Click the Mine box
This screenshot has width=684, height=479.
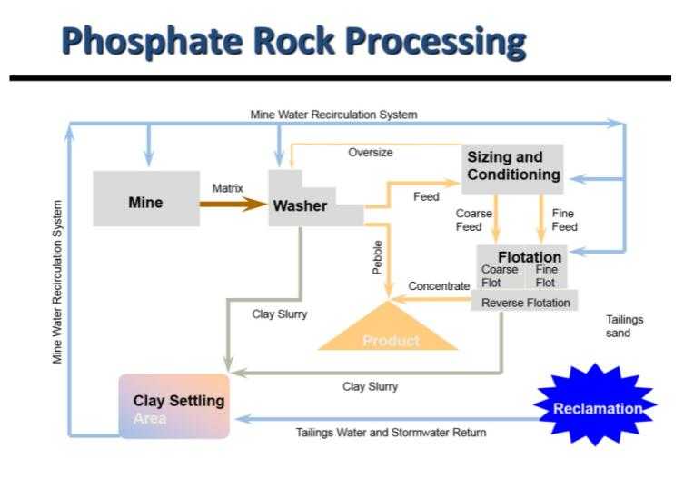[x=145, y=199]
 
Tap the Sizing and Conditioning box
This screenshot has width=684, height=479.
[x=512, y=167]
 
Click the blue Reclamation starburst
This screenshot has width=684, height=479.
[x=597, y=408]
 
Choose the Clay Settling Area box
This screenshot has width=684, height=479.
[x=174, y=405]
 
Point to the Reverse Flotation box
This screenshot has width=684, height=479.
[x=525, y=302]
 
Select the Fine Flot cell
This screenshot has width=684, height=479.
[x=546, y=276]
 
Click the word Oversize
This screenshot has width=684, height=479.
[x=371, y=153]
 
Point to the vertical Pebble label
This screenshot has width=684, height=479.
[x=377, y=257]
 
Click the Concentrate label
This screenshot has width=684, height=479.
[x=439, y=286]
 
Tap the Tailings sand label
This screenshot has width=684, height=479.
[x=624, y=325]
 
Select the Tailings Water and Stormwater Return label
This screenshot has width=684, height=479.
[x=391, y=433]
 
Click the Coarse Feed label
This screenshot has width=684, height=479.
[x=473, y=220]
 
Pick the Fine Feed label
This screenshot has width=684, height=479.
[x=564, y=220]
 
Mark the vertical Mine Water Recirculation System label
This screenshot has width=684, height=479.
[x=58, y=282]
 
